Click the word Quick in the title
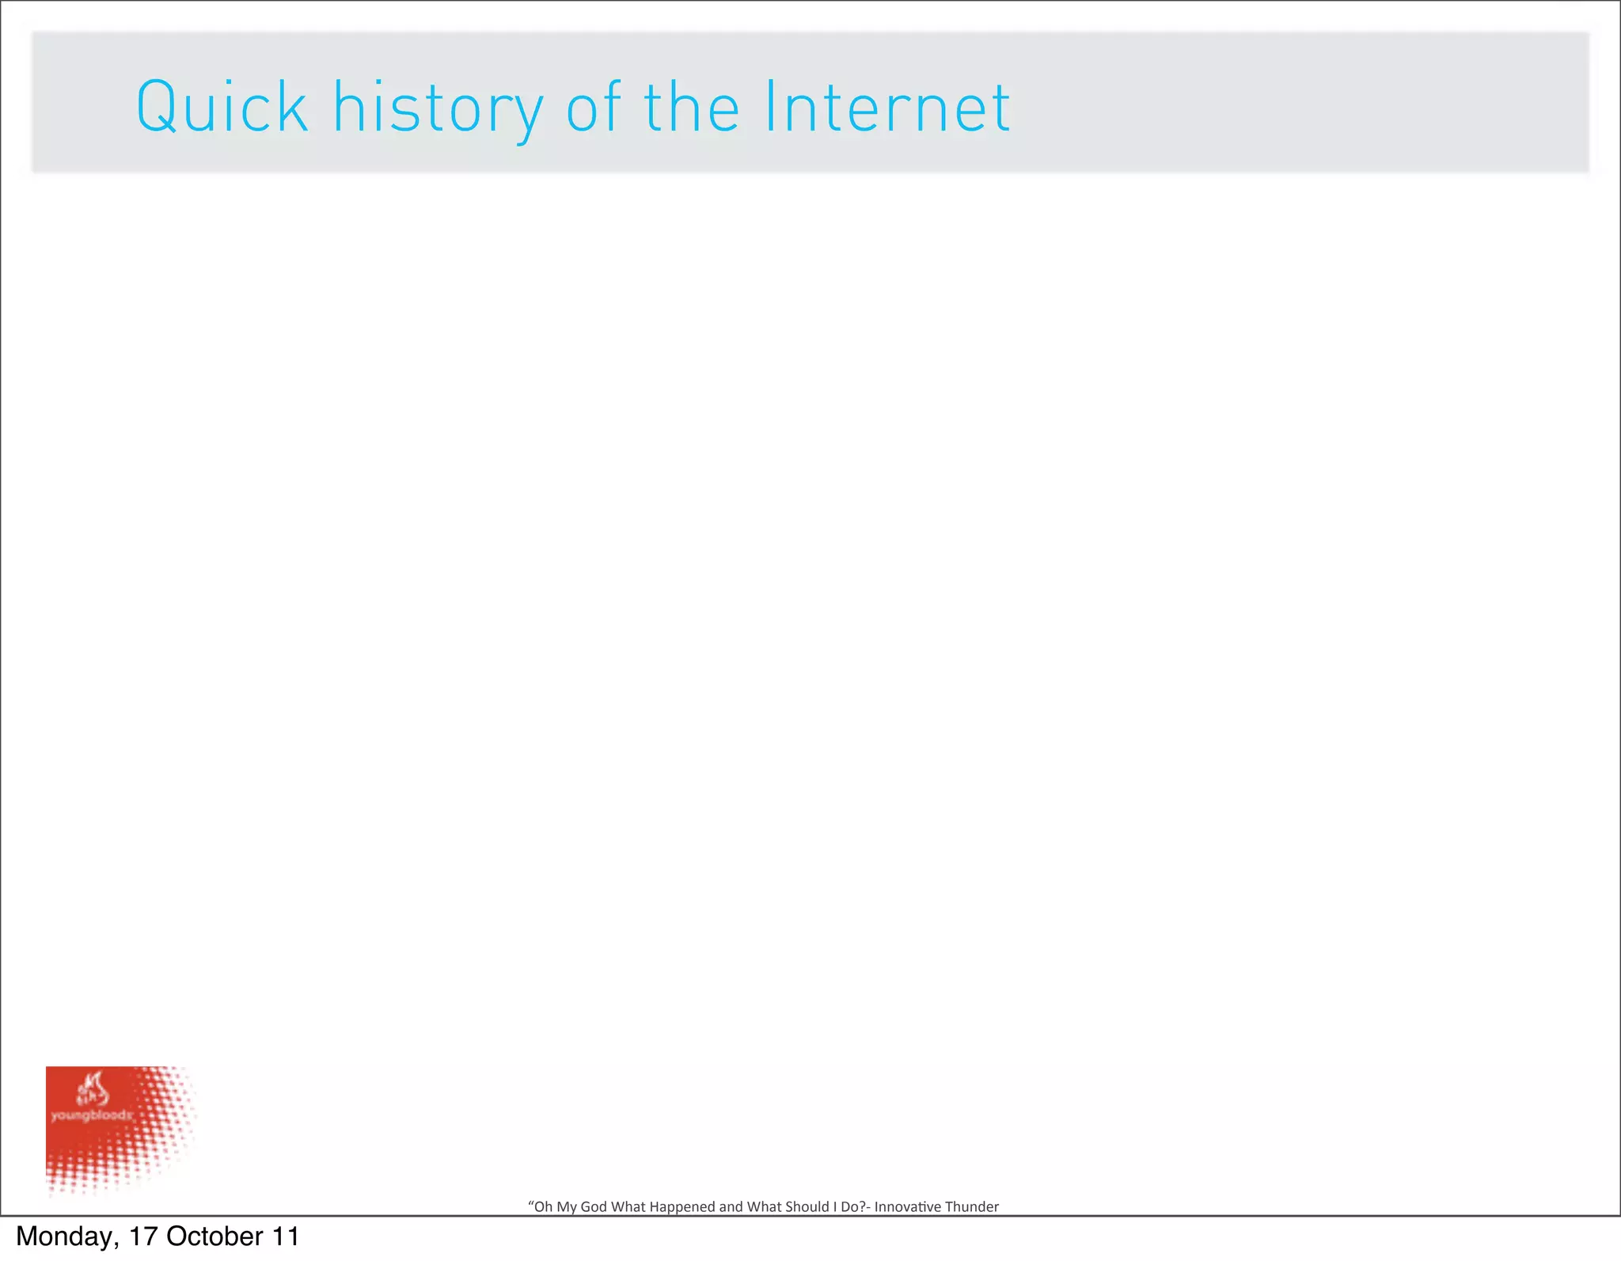[222, 107]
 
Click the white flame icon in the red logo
[92, 1089]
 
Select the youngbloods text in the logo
[91, 1115]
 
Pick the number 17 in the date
[143, 1236]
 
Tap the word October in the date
[214, 1236]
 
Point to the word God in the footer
[594, 1206]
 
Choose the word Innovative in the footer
[908, 1206]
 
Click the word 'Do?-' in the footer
[856, 1206]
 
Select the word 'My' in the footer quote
[567, 1206]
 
